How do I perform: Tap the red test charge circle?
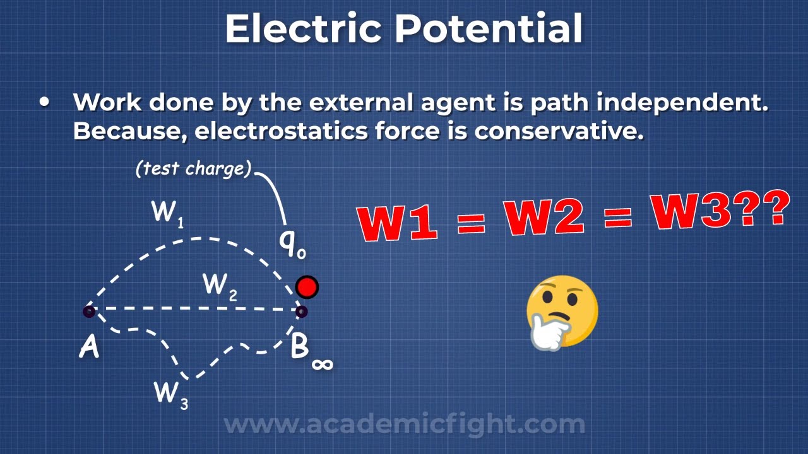(x=307, y=288)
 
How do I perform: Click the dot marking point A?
(x=89, y=311)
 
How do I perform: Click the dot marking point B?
(x=302, y=311)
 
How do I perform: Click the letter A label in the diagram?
(x=89, y=347)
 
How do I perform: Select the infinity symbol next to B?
(x=322, y=363)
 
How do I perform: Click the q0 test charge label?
(x=292, y=243)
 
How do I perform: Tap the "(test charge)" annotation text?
(x=193, y=169)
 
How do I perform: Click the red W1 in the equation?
(x=398, y=221)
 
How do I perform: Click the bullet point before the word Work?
(x=44, y=102)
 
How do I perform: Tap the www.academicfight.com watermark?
(x=404, y=424)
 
